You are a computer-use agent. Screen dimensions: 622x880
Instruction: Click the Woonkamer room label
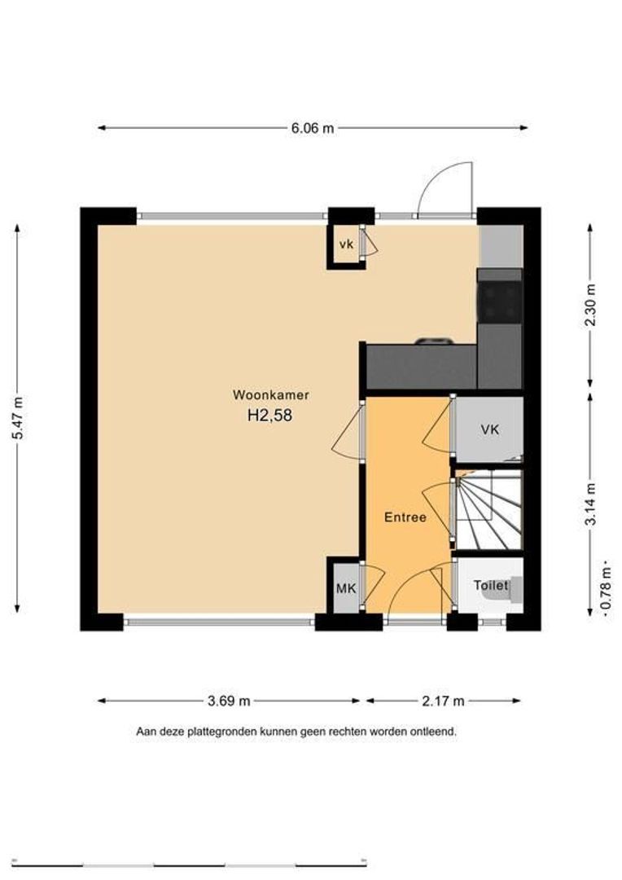[271, 395]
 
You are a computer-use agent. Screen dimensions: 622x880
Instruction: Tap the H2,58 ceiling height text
[269, 416]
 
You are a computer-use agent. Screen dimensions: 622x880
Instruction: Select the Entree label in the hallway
[405, 517]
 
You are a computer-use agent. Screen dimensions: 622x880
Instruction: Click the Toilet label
[491, 585]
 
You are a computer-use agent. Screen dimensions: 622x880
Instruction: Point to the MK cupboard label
[346, 589]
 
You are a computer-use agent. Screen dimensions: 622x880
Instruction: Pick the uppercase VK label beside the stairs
[489, 429]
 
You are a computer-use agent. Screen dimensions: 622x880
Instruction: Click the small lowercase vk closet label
[347, 244]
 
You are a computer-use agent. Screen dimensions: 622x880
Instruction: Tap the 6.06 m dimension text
[313, 128]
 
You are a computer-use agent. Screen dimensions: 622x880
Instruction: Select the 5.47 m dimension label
[18, 418]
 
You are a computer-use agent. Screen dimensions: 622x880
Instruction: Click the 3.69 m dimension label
[229, 701]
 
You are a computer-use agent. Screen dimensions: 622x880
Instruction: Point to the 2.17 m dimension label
[443, 701]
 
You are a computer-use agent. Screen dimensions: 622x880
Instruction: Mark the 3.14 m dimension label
[590, 504]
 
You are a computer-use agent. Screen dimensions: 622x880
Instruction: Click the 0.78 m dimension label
[606, 588]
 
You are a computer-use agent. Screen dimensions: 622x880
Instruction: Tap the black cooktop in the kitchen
[500, 302]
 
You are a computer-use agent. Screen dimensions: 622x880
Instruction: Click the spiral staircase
[488, 510]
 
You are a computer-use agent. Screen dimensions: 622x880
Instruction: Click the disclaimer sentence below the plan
[296, 732]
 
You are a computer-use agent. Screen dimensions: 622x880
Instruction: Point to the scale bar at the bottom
[189, 864]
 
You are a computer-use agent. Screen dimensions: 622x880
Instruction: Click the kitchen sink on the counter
[434, 341]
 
